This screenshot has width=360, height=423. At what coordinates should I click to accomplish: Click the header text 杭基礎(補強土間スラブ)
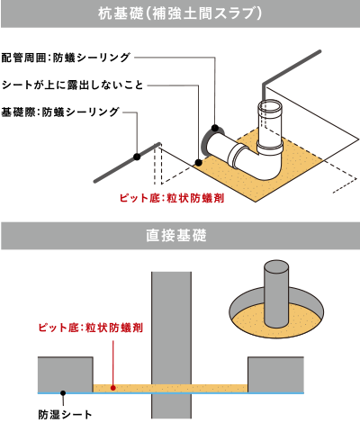click(180, 15)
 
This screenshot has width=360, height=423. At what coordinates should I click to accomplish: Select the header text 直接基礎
click(180, 238)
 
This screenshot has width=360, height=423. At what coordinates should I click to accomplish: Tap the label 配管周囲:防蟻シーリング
click(67, 57)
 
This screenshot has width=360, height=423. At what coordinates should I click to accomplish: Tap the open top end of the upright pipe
click(271, 108)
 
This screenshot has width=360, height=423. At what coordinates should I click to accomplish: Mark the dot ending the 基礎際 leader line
click(136, 157)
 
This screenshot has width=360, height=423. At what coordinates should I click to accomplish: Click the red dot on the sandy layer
click(112, 387)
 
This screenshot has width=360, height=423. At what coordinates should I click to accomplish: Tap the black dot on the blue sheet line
click(62, 392)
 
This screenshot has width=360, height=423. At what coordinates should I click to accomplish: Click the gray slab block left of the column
click(65, 373)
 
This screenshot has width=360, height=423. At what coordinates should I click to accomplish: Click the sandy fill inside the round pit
click(252, 318)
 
